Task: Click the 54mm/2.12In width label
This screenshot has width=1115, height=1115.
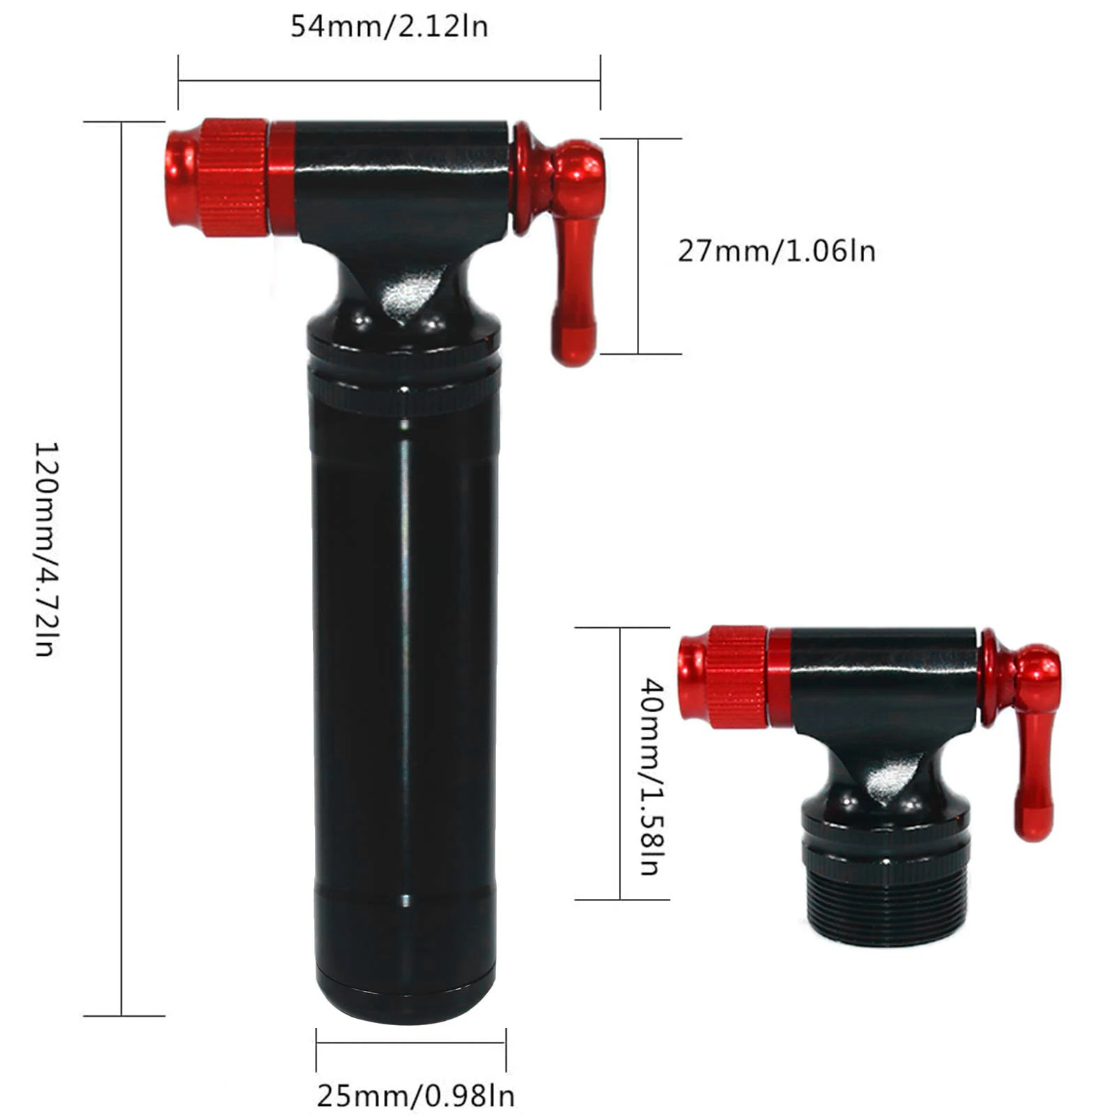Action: click(389, 27)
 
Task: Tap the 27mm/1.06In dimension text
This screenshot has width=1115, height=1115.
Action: click(776, 251)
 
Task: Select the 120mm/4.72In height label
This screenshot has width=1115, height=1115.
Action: click(45, 548)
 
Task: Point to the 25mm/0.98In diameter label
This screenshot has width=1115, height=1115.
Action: click(416, 1096)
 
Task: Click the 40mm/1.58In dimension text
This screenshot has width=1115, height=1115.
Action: click(652, 776)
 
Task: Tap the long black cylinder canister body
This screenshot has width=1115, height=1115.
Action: click(404, 662)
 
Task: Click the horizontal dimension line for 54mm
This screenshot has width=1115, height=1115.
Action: click(389, 81)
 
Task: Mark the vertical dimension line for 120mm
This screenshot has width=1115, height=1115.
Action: click(122, 568)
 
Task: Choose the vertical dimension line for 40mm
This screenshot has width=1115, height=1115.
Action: click(620, 763)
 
